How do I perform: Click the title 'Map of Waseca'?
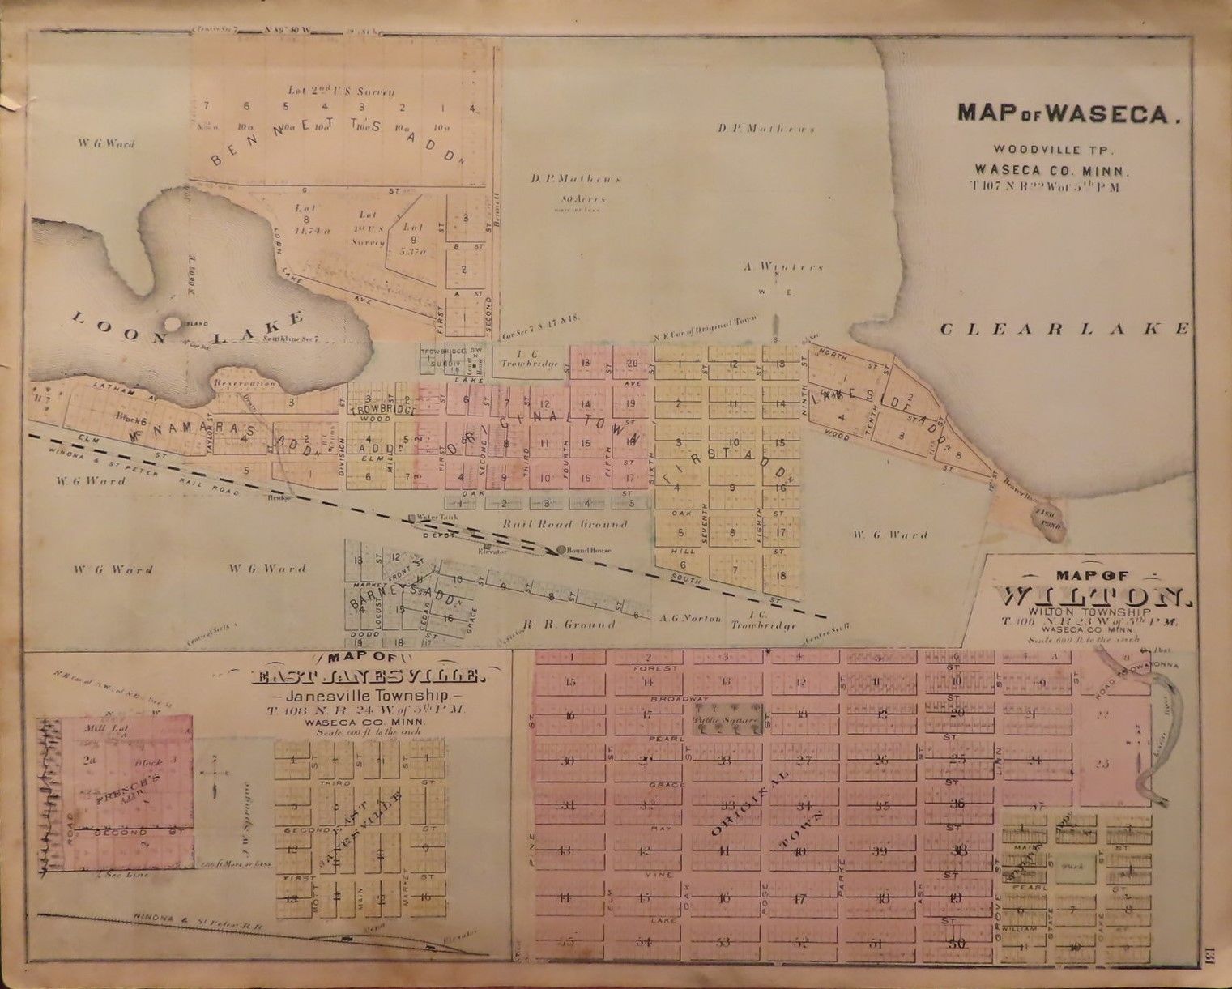coord(1064,113)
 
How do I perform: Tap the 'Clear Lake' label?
coord(1064,328)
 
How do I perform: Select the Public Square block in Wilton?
coord(727,718)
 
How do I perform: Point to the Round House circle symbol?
coord(561,550)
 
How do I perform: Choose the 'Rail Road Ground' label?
coord(565,524)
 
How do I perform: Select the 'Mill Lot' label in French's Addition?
coord(100,729)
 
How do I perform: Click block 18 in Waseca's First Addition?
coord(779,575)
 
